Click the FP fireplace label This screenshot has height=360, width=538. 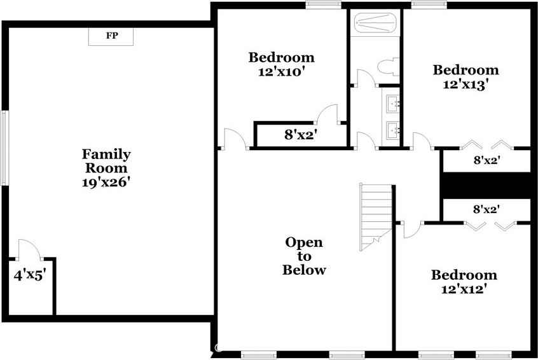click(111, 36)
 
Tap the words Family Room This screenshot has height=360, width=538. click(106, 161)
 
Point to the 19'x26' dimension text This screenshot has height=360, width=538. click(106, 182)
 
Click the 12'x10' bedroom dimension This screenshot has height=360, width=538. click(280, 72)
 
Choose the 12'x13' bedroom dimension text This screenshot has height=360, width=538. click(466, 84)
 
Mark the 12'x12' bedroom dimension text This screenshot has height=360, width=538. click(464, 289)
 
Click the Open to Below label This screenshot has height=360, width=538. click(304, 256)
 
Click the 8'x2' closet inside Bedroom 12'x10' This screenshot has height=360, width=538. click(300, 135)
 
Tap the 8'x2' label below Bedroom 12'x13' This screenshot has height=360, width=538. click(486, 161)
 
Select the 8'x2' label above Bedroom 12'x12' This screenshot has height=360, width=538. click(486, 208)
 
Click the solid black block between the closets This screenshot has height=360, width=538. click(486, 185)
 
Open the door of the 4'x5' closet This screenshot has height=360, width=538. click(30, 250)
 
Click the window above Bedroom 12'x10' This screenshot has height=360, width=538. click(322, 5)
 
